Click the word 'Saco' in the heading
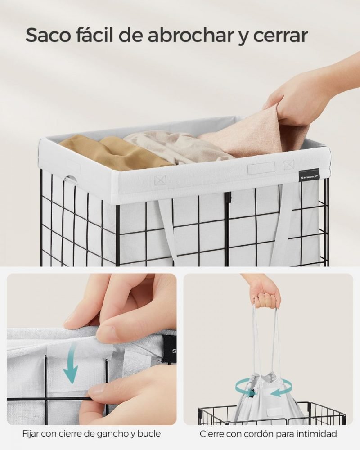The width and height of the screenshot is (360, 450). tap(49, 36)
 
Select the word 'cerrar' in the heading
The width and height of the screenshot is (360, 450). tap(280, 36)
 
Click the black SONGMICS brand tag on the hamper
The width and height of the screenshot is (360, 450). tap(309, 175)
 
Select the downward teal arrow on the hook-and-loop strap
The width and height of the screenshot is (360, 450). tap(72, 364)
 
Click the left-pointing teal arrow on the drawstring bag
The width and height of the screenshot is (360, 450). tap(279, 393)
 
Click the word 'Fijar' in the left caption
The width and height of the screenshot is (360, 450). tap(30, 433)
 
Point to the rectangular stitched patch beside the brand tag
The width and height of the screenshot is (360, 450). tap(261, 168)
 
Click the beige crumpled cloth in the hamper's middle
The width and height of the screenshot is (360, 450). tap(175, 146)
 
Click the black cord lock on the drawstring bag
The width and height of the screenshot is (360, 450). tap(252, 393)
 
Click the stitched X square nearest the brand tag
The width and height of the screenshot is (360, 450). tap(289, 164)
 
